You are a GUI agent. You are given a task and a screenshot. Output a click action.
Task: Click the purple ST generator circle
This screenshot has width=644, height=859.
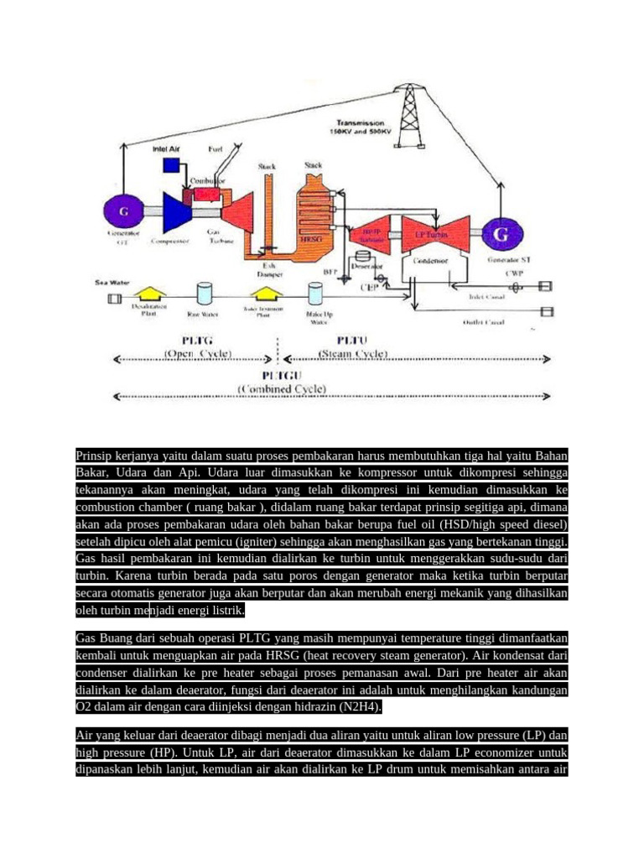pyautogui.click(x=501, y=235)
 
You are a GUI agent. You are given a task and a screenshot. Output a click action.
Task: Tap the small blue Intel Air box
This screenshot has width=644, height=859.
pyautogui.click(x=172, y=165)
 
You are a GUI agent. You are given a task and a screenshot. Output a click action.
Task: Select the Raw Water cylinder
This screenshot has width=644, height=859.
pyautogui.click(x=204, y=293)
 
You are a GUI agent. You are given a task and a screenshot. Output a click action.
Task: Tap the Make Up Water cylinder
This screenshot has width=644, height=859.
pyautogui.click(x=315, y=293)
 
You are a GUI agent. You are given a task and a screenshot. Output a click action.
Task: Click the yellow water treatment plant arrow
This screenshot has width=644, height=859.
pyautogui.click(x=263, y=292)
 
